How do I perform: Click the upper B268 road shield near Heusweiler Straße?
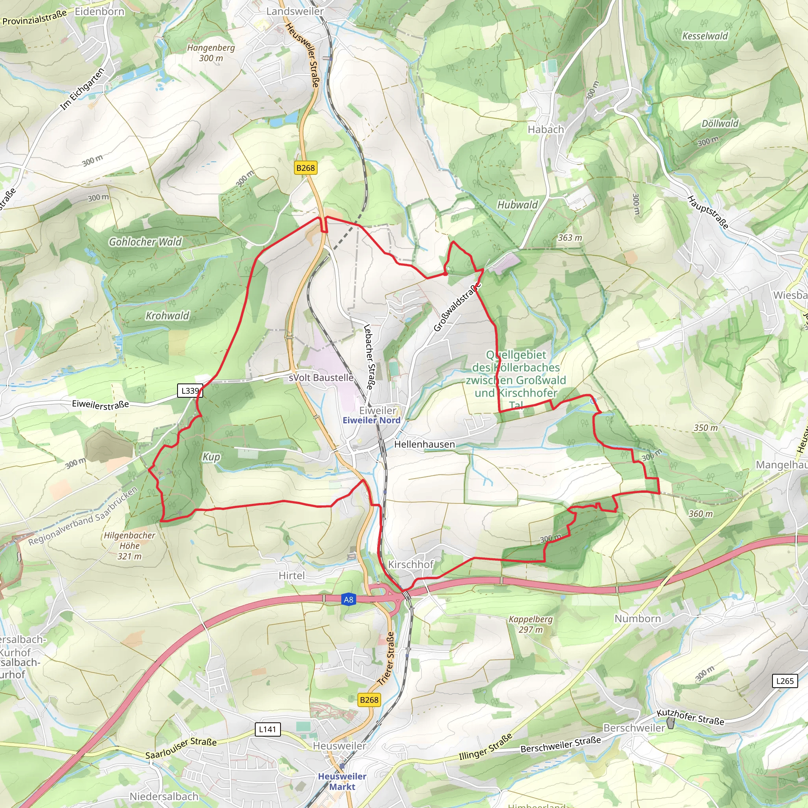point(305,168)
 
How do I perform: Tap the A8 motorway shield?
point(348,599)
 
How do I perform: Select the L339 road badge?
point(190,391)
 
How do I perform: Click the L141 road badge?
point(267,729)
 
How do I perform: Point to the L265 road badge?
point(785,681)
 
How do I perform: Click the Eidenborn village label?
point(99,11)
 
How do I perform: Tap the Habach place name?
point(546,130)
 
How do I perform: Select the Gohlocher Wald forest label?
point(145,242)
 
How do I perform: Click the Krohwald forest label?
point(167,316)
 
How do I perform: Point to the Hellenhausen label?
point(425,444)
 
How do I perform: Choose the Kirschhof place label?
point(411,565)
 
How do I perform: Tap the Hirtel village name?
point(292,576)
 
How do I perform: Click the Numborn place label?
point(638,619)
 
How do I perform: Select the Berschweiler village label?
point(634,728)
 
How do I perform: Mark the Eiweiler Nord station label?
point(371,420)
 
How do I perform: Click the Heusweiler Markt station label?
point(342,781)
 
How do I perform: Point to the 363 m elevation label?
point(570,238)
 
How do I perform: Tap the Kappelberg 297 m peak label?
point(531,624)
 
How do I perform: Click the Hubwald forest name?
point(517,204)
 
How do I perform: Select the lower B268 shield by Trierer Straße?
point(369,700)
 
